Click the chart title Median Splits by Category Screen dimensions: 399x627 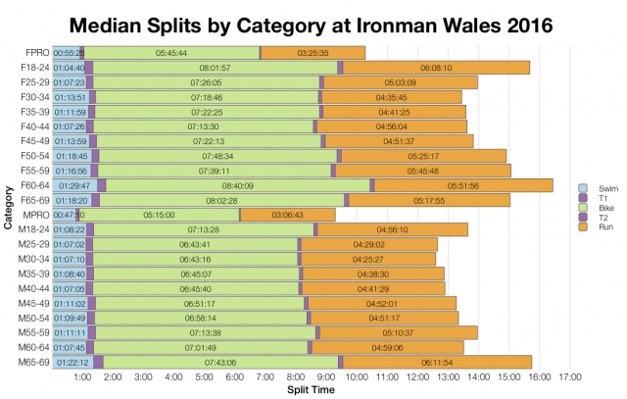pos(313,22)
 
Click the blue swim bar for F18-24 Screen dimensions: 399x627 pos(69,68)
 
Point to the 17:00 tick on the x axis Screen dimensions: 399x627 pos(568,376)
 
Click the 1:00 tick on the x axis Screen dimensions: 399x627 pos(83,376)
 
